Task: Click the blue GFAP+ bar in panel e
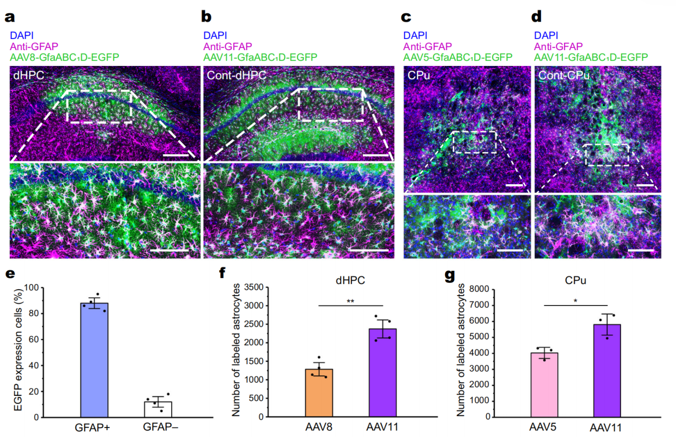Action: click(94, 360)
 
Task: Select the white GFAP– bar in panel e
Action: click(158, 410)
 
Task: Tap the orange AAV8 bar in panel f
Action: click(319, 393)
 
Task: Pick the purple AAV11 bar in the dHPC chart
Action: click(383, 373)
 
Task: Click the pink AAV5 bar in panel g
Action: click(544, 385)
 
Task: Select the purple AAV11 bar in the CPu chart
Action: click(607, 370)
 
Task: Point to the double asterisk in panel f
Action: click(350, 301)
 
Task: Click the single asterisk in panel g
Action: click(576, 301)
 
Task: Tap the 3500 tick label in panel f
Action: click(254, 288)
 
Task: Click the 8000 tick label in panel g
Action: click(479, 289)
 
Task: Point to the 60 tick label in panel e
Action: click(34, 339)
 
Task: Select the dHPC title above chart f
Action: click(350, 280)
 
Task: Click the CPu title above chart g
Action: click(576, 280)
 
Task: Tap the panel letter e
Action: click(10, 273)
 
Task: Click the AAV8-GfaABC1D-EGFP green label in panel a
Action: click(64, 57)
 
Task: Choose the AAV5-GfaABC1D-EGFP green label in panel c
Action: click(458, 57)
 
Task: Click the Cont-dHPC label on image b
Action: click(236, 75)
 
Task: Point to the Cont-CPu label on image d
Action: click(564, 75)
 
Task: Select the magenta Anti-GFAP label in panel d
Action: click(558, 46)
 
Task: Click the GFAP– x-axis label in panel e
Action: click(160, 427)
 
